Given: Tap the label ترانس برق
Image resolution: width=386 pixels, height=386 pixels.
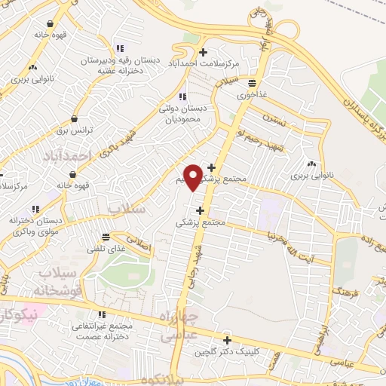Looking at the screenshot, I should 75,130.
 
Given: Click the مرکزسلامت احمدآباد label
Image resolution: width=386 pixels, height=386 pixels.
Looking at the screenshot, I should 203,64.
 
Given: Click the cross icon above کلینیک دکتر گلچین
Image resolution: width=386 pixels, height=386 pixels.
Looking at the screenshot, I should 227,340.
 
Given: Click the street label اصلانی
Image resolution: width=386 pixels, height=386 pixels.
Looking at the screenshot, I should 141,245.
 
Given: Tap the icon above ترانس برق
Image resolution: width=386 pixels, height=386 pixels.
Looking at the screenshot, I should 74,118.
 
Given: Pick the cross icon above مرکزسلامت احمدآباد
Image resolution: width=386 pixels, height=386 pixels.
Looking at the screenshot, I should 203,52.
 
